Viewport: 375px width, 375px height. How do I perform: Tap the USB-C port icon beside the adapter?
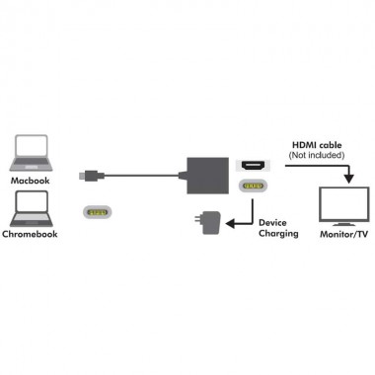[x=254, y=185]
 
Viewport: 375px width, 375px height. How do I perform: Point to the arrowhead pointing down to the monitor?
[x=346, y=180]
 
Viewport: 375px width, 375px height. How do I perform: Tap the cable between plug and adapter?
[x=138, y=176]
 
